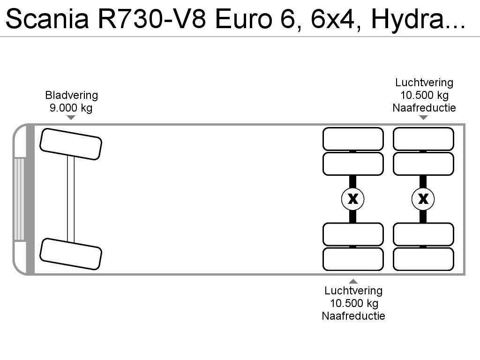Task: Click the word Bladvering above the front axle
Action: click(x=72, y=95)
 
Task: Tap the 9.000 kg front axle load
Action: click(x=71, y=108)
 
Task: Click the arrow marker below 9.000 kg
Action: click(x=71, y=118)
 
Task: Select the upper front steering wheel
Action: click(x=71, y=144)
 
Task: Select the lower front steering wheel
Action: click(x=71, y=254)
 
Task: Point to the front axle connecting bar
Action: click(x=71, y=199)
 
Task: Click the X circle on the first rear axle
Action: click(x=353, y=199)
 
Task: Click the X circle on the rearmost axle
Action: click(x=423, y=199)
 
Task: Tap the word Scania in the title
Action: click(x=47, y=19)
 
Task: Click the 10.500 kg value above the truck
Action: click(x=425, y=95)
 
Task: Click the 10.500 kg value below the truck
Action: click(x=354, y=303)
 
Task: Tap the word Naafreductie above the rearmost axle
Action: click(x=424, y=108)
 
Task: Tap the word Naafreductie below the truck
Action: click(x=353, y=316)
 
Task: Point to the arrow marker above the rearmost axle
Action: click(x=423, y=118)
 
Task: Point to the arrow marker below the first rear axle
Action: click(x=353, y=281)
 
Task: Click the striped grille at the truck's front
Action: click(x=19, y=199)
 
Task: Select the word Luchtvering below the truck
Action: click(x=353, y=291)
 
